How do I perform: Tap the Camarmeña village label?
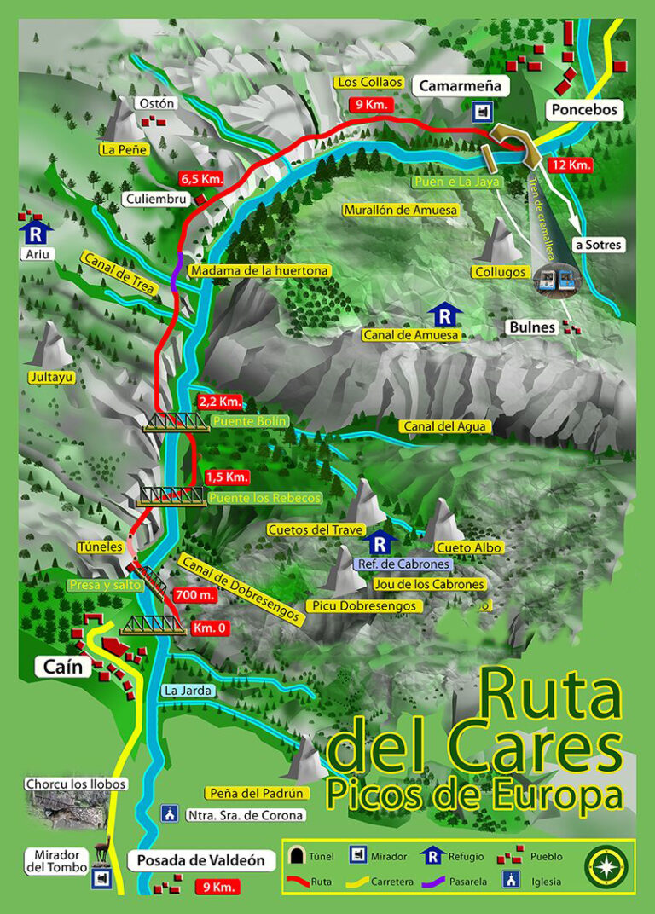(x=461, y=85)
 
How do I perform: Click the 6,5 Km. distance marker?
(x=201, y=179)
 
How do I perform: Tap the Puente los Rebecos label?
(x=265, y=497)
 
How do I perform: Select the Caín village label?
(x=63, y=667)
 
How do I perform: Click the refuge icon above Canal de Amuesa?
(x=443, y=315)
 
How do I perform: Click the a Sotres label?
(x=598, y=245)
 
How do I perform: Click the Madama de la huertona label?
(x=259, y=270)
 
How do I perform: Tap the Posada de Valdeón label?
(x=202, y=861)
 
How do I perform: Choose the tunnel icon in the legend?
(x=299, y=855)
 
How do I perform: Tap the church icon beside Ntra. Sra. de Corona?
(x=170, y=814)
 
